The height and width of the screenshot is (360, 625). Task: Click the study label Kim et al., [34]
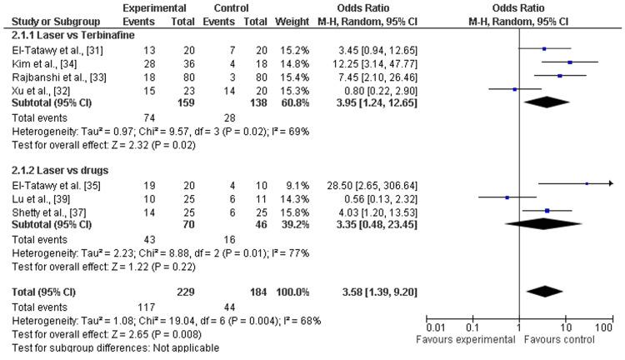[35, 63]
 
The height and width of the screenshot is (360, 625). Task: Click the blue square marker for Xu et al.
[514, 88]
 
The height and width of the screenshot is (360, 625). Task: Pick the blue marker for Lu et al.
[507, 197]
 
